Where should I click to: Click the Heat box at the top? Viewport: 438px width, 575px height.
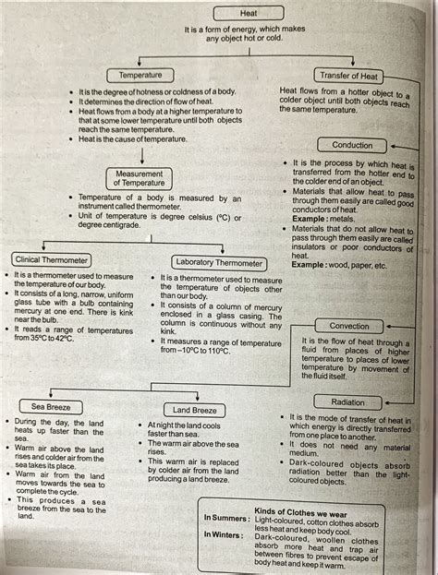(x=248, y=13)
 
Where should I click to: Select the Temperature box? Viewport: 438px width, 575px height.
(x=140, y=75)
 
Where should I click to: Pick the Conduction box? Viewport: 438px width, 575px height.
(x=351, y=145)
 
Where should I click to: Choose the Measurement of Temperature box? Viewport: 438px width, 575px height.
(x=140, y=177)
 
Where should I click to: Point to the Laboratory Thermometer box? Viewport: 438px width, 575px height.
(x=219, y=262)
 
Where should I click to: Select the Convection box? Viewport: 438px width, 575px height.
(x=349, y=326)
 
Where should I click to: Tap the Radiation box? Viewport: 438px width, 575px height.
(x=349, y=402)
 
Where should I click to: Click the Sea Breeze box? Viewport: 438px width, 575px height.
(x=52, y=405)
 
